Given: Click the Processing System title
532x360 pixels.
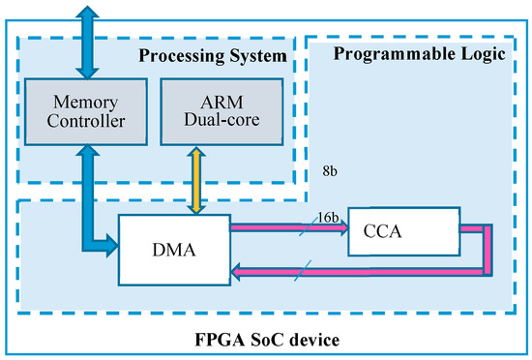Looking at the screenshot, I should click(x=210, y=55).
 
